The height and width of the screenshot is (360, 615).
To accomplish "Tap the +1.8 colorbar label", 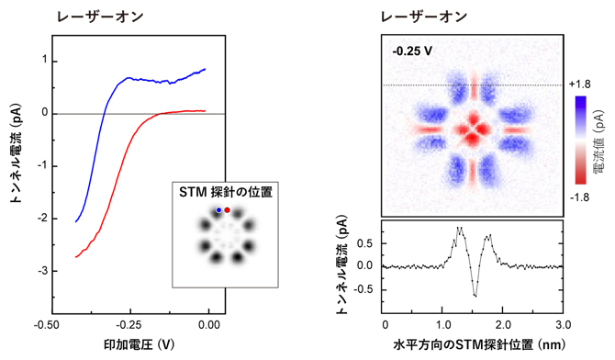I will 579,84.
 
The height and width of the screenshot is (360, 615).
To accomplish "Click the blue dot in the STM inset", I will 218,210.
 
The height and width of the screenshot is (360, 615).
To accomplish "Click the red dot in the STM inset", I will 227,210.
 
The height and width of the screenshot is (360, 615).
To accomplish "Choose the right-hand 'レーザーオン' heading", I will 426,16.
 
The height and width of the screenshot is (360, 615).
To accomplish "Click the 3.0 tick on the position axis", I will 564,324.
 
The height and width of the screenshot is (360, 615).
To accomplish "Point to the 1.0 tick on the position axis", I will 444,324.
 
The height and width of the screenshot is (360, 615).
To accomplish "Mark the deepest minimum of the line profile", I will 475,296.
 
